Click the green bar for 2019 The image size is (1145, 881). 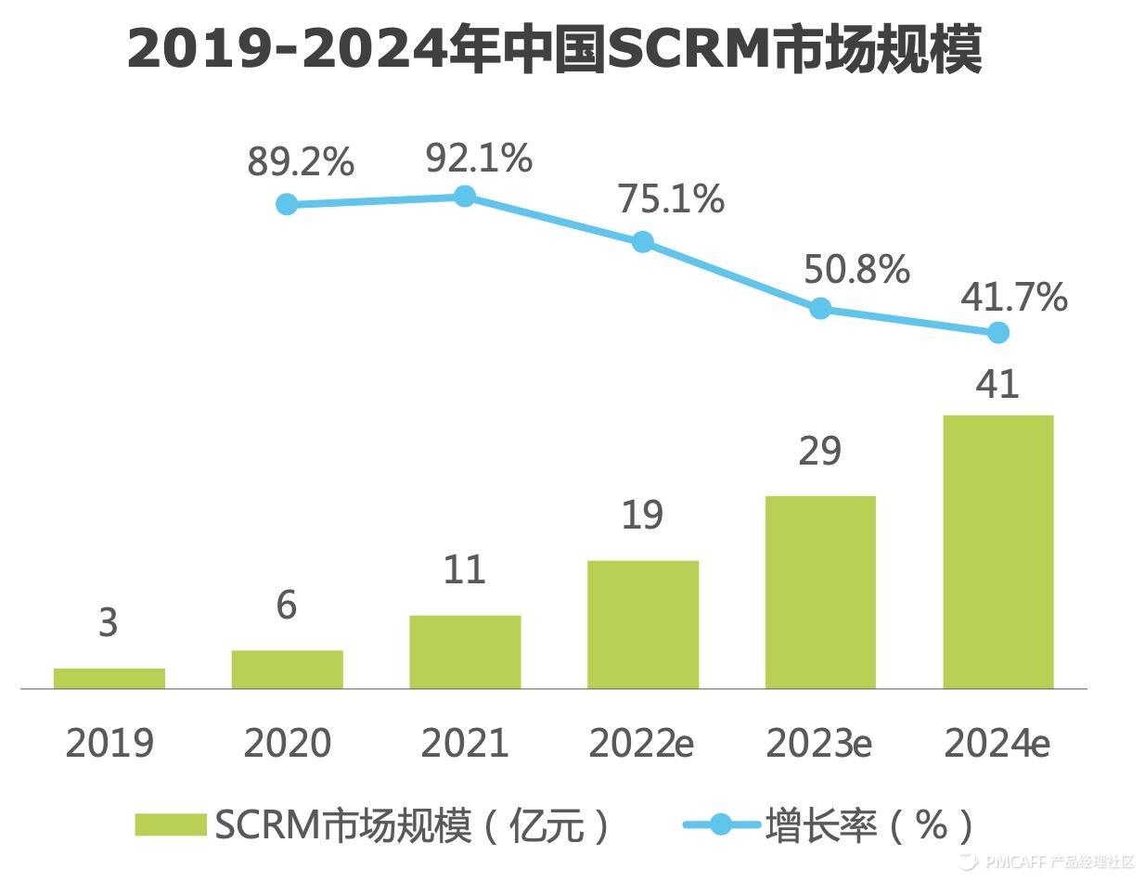point(109,678)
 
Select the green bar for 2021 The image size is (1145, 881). point(465,652)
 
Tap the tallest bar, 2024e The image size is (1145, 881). point(998,552)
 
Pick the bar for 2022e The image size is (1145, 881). point(643,624)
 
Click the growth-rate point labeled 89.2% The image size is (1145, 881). point(288,204)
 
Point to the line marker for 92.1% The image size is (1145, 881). point(465,196)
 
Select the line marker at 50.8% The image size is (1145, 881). point(820,308)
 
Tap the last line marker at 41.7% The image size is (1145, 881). point(998,332)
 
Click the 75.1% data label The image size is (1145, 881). point(671,198)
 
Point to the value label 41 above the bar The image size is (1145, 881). point(998,384)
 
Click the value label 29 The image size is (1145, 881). point(820,451)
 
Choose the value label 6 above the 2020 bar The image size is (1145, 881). point(287,605)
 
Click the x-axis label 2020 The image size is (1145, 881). point(287,743)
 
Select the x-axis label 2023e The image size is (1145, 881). point(819,743)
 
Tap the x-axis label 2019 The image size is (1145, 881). point(109,743)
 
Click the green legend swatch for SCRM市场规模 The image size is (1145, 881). point(170,824)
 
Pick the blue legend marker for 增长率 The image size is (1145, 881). point(720,824)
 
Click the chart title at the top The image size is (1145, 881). point(554,50)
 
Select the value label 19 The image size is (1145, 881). point(642,516)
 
